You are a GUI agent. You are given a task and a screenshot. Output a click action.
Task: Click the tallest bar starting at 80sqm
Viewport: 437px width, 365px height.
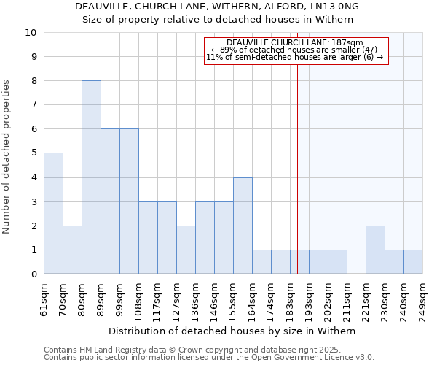click(91, 177)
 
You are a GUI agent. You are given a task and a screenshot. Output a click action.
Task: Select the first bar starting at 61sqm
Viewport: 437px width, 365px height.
click(53, 213)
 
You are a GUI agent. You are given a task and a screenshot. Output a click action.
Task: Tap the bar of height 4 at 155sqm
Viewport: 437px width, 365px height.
click(243, 226)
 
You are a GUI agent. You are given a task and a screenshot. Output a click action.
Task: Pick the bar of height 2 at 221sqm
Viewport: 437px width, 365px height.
click(375, 250)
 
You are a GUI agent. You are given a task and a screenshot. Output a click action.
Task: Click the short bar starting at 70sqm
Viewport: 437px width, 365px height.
click(72, 250)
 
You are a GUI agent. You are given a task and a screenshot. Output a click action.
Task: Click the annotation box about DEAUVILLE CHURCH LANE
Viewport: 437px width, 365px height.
click(295, 50)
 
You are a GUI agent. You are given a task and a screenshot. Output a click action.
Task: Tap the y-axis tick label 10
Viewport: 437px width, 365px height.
click(31, 33)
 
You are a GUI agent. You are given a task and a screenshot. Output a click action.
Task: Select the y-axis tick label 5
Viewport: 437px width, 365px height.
click(34, 153)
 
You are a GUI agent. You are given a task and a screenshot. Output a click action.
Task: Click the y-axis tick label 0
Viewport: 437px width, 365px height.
click(34, 274)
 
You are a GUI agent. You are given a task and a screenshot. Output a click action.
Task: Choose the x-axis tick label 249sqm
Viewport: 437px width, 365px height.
click(423, 299)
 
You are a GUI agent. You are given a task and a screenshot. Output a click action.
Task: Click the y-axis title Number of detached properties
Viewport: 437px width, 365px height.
click(7, 157)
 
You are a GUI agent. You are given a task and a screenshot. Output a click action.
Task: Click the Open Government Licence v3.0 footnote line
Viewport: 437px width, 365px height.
click(209, 358)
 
